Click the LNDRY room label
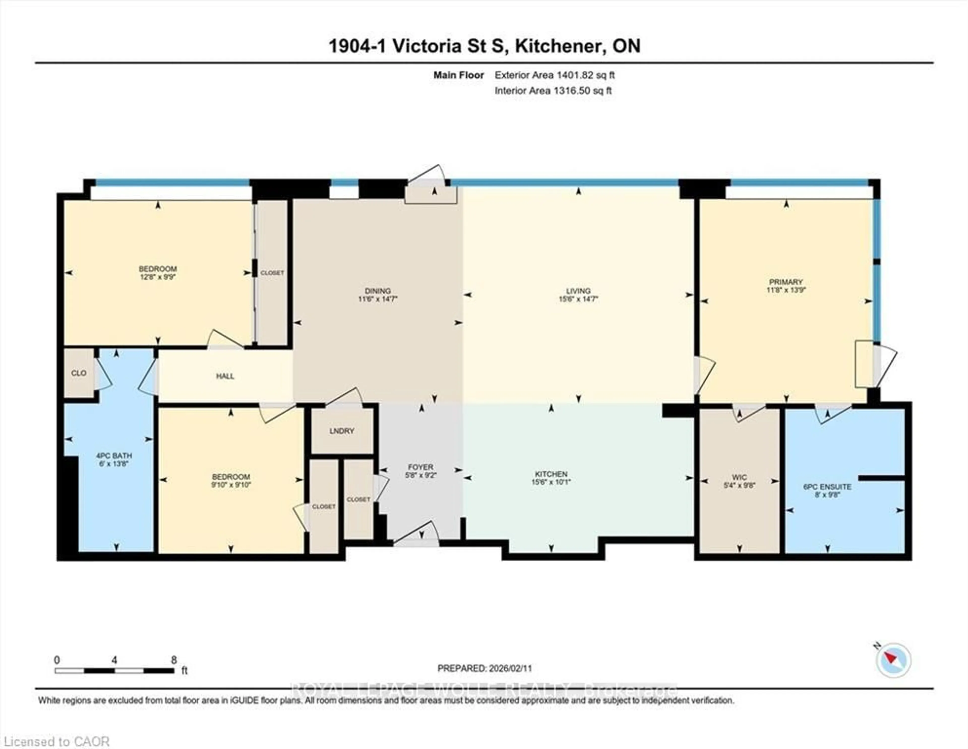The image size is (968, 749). (342, 430)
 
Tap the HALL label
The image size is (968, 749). (225, 376)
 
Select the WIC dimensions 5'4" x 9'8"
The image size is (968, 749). (739, 485)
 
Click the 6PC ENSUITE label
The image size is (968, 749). (827, 486)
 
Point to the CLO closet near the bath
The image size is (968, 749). (79, 373)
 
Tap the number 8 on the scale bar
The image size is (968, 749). (174, 660)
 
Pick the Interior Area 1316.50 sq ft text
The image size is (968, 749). (553, 91)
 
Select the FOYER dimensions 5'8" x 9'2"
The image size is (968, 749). (421, 475)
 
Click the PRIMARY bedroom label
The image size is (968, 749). (786, 282)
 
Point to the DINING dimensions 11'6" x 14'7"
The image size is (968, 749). (378, 299)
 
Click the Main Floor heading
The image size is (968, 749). (458, 75)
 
